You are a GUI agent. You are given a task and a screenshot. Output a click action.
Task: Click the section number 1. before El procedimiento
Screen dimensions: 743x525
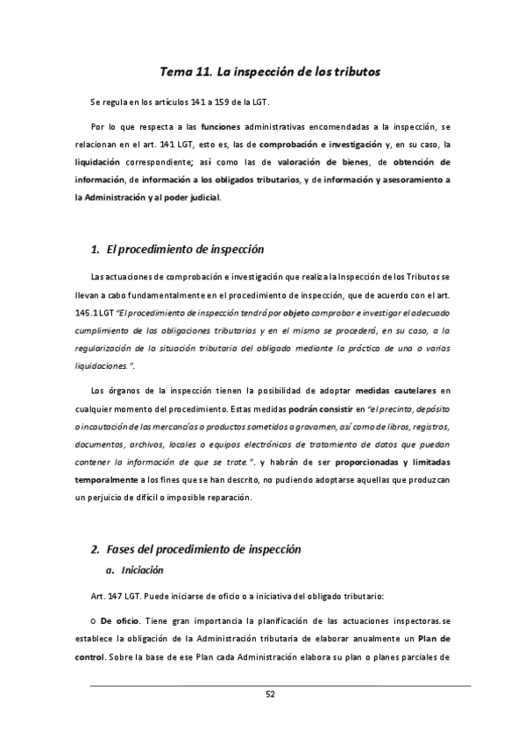[96, 250]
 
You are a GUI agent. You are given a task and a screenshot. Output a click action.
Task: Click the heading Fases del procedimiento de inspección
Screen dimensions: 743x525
[203, 549]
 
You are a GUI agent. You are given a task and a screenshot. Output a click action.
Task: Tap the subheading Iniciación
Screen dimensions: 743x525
[142, 570]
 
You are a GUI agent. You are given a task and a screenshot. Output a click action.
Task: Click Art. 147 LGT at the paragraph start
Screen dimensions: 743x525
[110, 597]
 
